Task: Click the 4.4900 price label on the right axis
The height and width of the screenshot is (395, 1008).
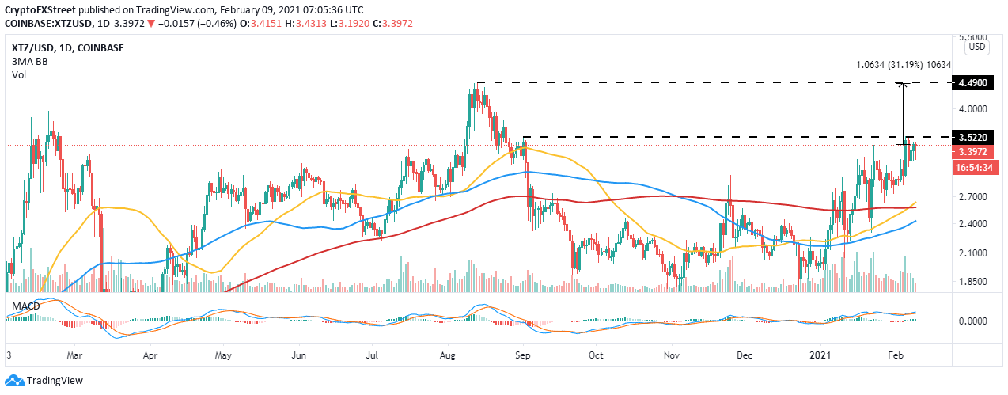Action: pos(976,82)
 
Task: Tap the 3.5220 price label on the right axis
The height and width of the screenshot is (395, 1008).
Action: pos(976,138)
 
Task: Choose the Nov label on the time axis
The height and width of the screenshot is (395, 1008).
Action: pos(672,355)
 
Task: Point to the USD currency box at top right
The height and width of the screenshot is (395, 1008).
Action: pos(977,47)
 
